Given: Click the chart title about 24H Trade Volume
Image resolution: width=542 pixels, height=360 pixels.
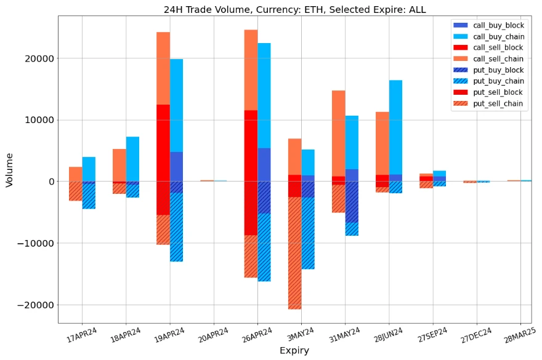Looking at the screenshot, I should click(x=294, y=9).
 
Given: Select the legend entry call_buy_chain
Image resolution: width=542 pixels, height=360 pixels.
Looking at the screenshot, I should click(x=498, y=36).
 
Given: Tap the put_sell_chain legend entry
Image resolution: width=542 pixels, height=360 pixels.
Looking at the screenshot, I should click(x=498, y=103).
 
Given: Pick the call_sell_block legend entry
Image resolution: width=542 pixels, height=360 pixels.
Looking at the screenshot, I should click(x=498, y=47).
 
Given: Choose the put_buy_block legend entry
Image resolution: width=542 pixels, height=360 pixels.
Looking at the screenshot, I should click(x=498, y=70).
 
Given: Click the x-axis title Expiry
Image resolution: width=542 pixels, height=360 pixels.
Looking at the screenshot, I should click(x=294, y=351).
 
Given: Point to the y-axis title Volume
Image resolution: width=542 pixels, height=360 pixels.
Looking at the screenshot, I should click(x=9, y=169).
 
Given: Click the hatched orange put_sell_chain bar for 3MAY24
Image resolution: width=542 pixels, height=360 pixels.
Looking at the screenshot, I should click(x=295, y=253).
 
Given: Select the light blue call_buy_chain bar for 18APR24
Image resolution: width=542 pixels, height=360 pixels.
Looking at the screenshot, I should click(x=132, y=159).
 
